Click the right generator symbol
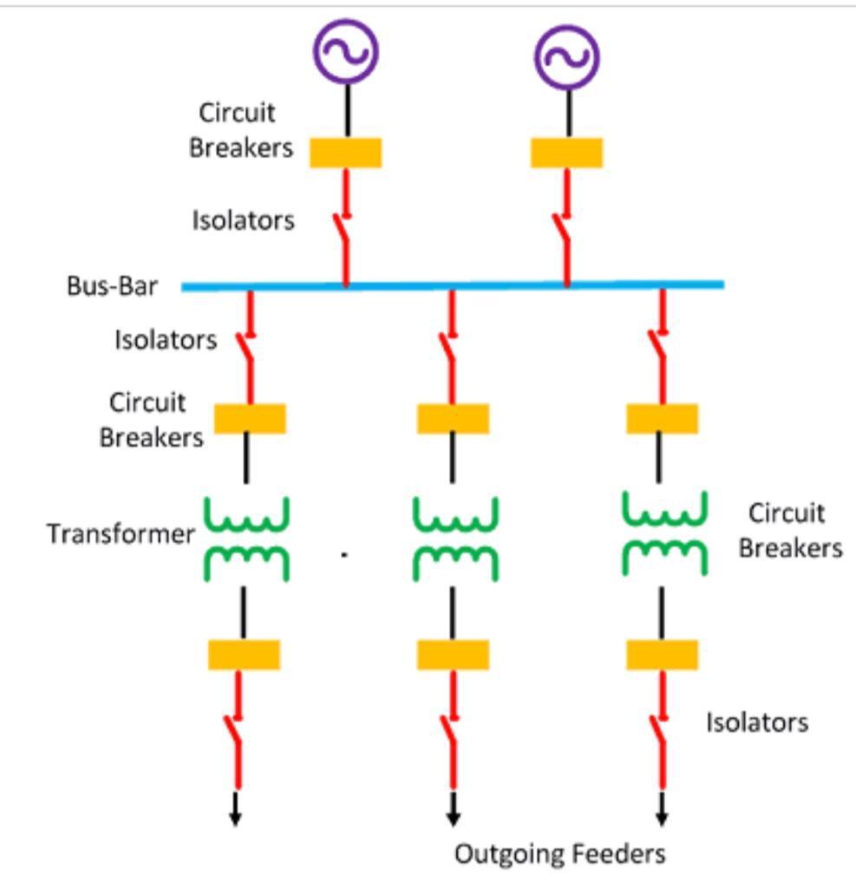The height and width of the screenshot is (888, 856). [x=567, y=56]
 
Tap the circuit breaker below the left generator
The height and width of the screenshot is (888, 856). [x=346, y=153]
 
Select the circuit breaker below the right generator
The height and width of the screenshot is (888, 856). [x=567, y=153]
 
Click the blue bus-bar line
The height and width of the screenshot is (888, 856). [x=451, y=284]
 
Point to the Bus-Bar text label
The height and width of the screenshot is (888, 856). [x=112, y=286]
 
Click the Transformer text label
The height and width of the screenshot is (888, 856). [x=121, y=533]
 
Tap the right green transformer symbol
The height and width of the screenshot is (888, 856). [x=665, y=534]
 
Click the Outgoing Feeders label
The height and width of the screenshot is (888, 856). [x=560, y=854]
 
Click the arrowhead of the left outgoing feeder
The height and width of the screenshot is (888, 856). [x=235, y=817]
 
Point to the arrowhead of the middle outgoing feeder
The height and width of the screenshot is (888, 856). [x=453, y=817]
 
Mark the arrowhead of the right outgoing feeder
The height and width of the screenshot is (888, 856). [x=662, y=817]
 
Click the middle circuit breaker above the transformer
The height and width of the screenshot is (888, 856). [x=453, y=419]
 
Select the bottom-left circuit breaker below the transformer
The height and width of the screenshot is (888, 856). [x=244, y=655]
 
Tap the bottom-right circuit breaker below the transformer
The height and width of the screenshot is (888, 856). [x=662, y=655]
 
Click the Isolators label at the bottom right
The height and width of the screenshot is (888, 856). [x=756, y=722]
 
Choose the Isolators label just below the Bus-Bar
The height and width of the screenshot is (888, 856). [x=166, y=340]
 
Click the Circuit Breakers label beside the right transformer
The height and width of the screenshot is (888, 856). [x=790, y=531]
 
